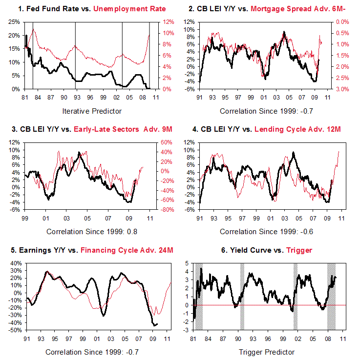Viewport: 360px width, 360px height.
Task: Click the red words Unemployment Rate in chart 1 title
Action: (136, 9)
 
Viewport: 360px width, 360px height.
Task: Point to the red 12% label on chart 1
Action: (168, 22)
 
